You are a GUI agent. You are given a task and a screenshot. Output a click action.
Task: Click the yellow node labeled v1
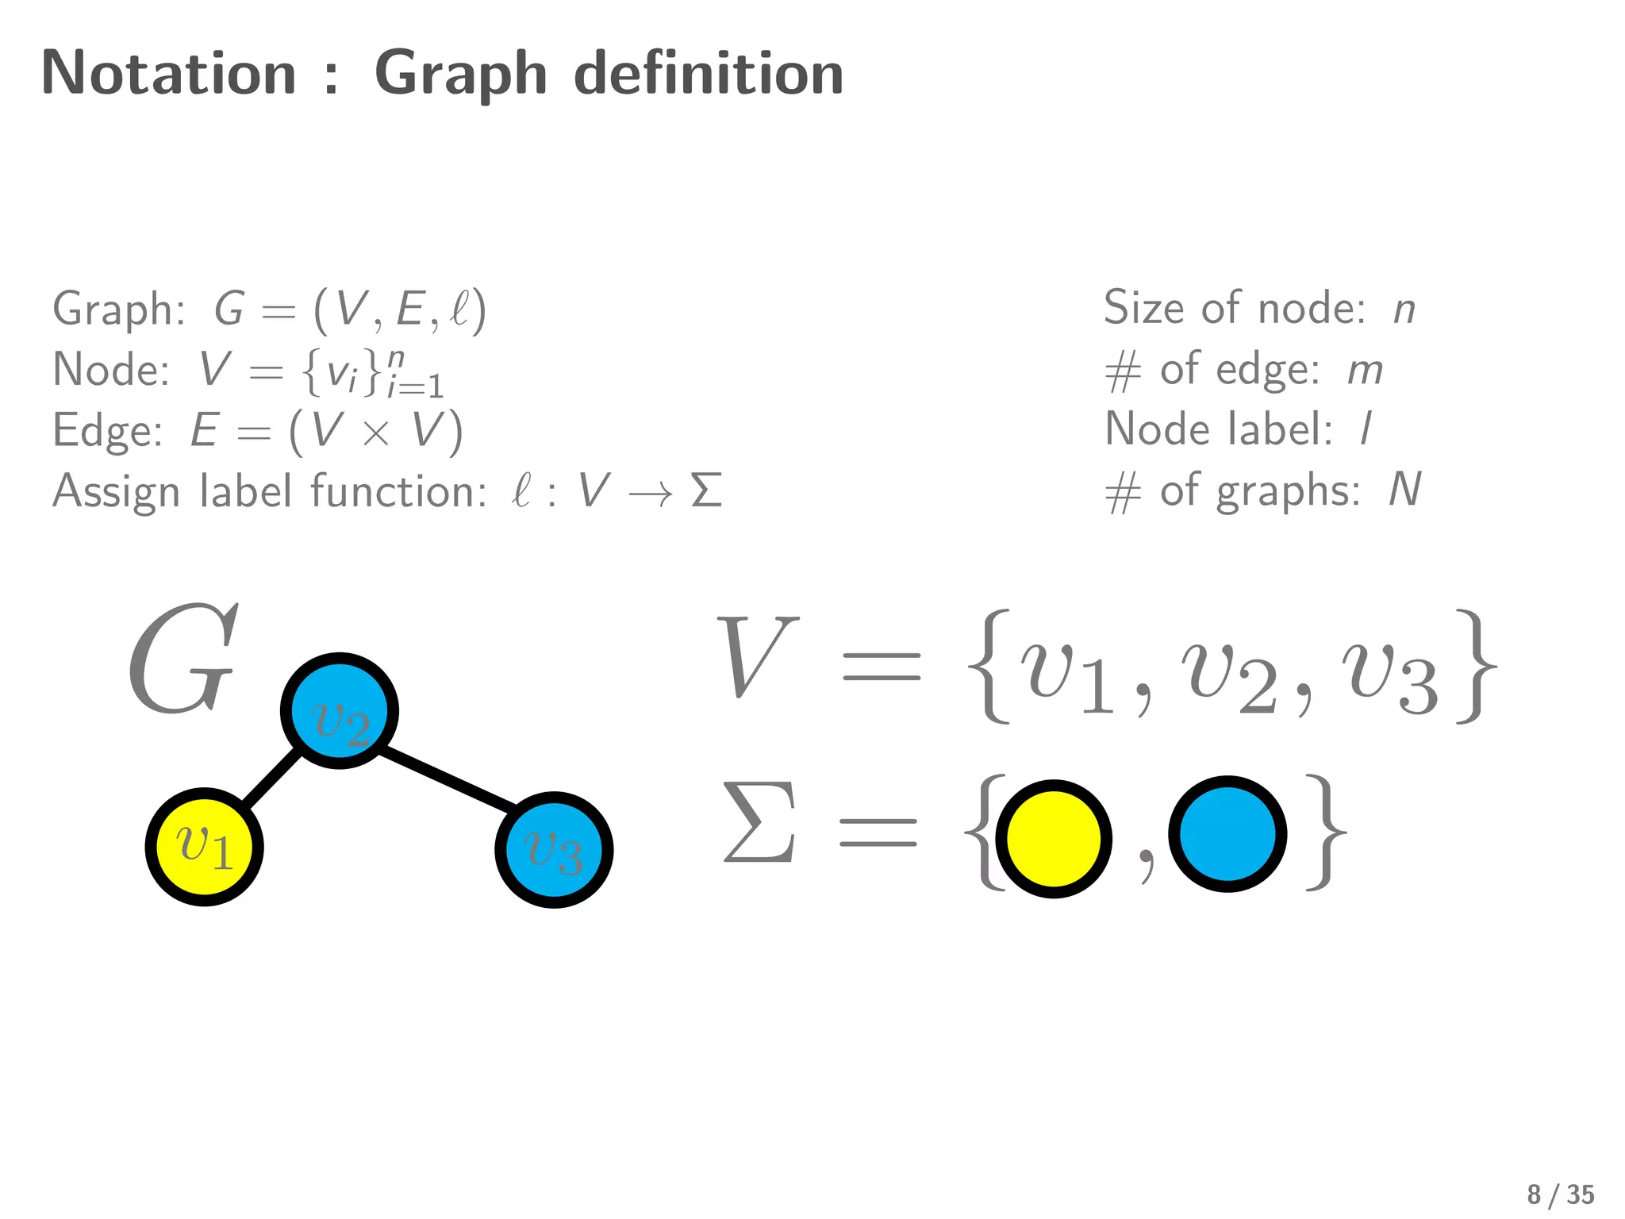(204, 847)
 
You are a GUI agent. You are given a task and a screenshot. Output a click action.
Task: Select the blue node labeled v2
(340, 711)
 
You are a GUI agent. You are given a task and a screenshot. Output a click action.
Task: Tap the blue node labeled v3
(554, 850)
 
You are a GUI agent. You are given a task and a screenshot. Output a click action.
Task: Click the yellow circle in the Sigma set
(1054, 839)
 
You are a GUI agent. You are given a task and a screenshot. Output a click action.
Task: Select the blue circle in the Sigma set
(1227, 834)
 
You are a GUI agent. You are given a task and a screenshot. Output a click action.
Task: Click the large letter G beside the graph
(183, 659)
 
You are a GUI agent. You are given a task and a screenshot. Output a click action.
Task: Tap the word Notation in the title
(169, 73)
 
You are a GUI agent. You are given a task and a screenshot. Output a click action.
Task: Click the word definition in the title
(709, 73)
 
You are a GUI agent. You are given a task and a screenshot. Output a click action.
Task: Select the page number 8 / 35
(1560, 1194)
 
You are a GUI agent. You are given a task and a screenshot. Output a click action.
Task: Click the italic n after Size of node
(1404, 310)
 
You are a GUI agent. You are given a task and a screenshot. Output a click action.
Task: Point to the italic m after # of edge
(1365, 371)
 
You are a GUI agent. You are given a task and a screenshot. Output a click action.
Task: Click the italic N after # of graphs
(1404, 490)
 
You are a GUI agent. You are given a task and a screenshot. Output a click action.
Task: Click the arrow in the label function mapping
(650, 494)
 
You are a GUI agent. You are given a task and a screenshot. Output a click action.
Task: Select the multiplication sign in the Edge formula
(375, 434)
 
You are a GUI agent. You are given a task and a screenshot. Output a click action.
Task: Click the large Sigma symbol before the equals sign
(759, 823)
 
